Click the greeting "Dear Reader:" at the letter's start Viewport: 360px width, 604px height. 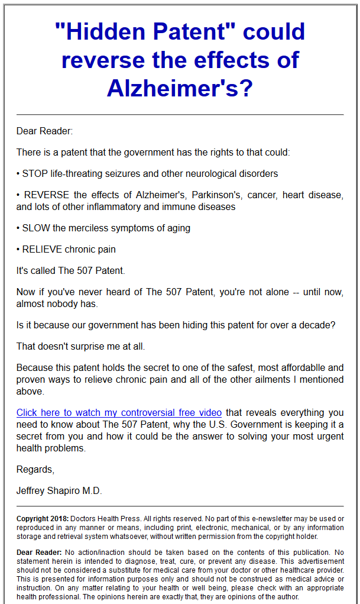(x=44, y=131)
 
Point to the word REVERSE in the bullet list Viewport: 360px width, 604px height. (x=47, y=195)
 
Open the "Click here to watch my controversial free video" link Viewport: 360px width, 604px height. (x=119, y=413)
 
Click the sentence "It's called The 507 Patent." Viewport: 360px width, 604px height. (x=71, y=271)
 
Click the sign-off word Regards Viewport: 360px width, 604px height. (x=35, y=470)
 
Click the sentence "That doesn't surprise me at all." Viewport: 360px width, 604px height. (x=80, y=346)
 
